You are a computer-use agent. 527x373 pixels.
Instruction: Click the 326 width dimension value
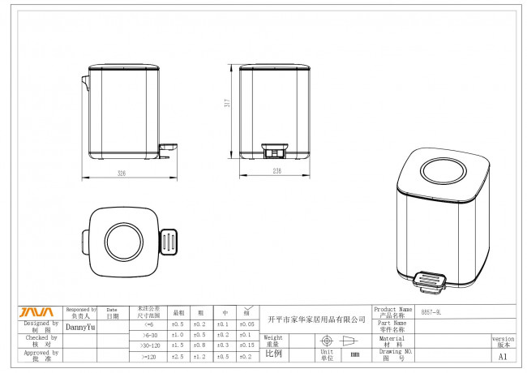pyautogui.click(x=121, y=173)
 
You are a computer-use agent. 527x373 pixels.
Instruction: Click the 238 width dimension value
pyautogui.click(x=276, y=172)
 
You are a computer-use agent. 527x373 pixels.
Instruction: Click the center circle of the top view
pyautogui.click(x=124, y=240)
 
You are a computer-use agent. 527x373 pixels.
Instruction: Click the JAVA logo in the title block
pyautogui.click(x=36, y=312)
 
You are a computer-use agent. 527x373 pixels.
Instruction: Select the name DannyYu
pyautogui.click(x=80, y=328)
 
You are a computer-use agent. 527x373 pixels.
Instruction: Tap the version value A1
pyautogui.click(x=503, y=355)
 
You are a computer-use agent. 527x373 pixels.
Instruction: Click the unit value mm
pyautogui.click(x=355, y=354)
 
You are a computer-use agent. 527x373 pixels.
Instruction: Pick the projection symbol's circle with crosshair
pyautogui.click(x=328, y=341)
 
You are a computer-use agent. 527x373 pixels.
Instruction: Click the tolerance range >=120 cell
pyautogui.click(x=148, y=355)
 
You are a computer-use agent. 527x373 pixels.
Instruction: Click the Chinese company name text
pyautogui.click(x=316, y=319)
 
